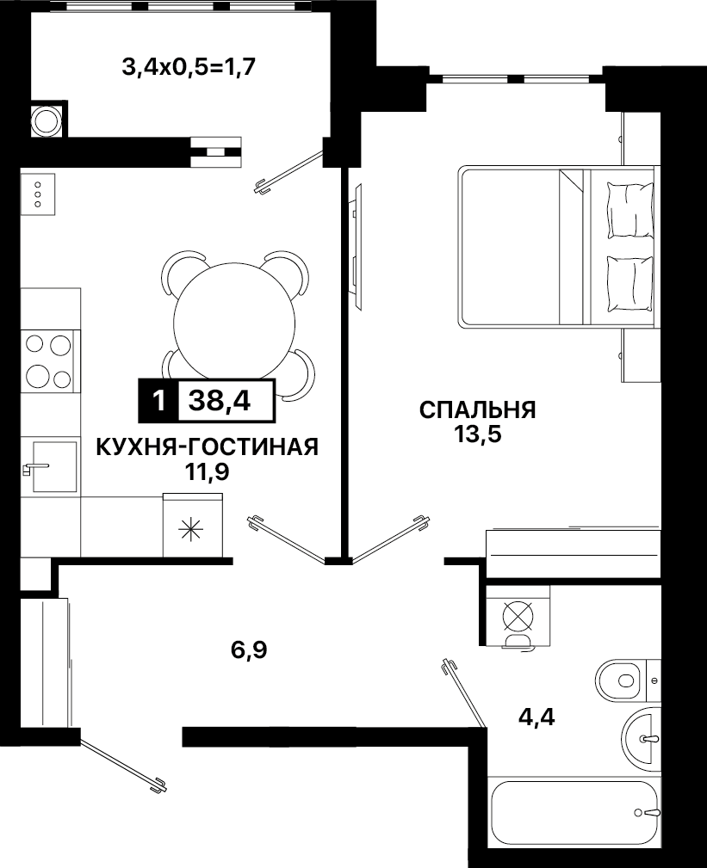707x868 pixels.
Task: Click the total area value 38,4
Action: [220, 400]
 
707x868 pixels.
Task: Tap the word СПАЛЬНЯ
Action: [478, 410]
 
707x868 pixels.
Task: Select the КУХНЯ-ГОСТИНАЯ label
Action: [208, 447]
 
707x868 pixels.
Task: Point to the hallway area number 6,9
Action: [250, 650]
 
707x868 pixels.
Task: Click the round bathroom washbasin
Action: [642, 738]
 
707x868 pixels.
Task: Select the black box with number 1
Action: [158, 400]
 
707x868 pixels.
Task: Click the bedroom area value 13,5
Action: [478, 434]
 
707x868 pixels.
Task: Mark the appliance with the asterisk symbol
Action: [193, 525]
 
